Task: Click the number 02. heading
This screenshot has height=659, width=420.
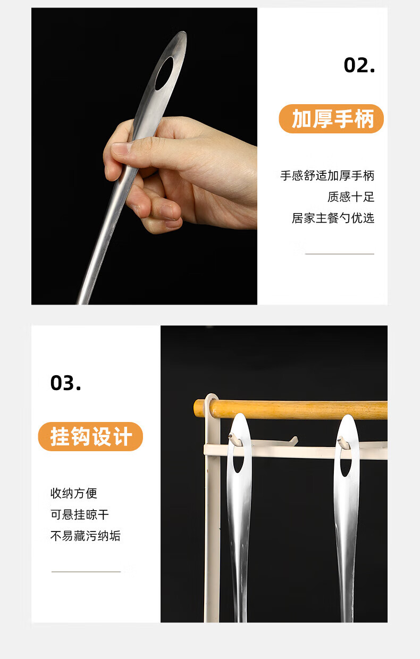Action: point(359,65)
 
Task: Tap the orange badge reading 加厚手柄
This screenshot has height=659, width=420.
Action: point(331,119)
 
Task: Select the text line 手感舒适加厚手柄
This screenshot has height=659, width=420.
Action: point(327,175)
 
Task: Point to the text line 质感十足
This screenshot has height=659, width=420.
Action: point(351,197)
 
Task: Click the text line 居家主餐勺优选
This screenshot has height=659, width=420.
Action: point(333,218)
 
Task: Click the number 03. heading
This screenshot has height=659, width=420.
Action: point(65,383)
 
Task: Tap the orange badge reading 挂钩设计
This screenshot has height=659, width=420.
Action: point(90,437)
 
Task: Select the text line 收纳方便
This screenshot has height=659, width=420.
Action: point(73,493)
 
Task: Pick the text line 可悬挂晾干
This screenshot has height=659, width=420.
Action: point(79,514)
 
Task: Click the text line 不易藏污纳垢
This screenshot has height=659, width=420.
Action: point(86,536)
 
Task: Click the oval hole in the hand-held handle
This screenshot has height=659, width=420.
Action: point(164,73)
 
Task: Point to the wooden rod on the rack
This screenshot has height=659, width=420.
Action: point(290,410)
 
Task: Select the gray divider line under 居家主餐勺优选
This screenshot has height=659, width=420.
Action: point(340,254)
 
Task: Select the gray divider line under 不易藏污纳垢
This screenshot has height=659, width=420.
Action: point(86,572)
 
